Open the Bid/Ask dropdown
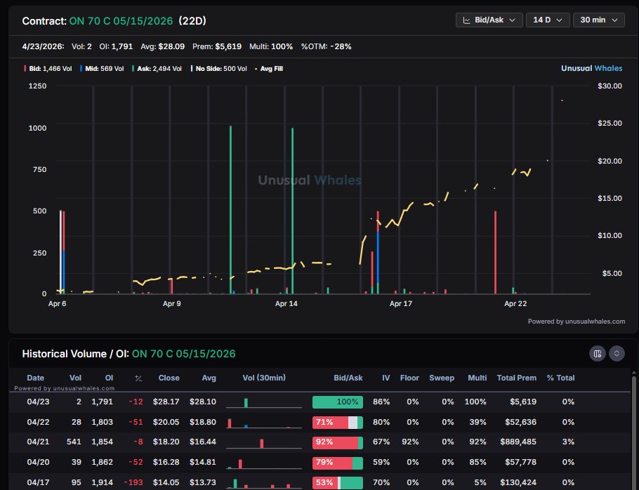[x=489, y=20]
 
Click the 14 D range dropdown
[x=547, y=20]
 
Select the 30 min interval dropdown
[x=598, y=20]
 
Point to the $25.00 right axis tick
[x=608, y=124]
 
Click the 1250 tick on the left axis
[x=37, y=86]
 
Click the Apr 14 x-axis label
[x=286, y=304]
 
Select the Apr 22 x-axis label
[x=515, y=304]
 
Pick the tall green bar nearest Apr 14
[x=292, y=211]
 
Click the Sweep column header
[x=442, y=378]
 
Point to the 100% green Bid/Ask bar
[x=338, y=402]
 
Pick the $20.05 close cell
[x=169, y=423]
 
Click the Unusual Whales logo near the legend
[x=592, y=69]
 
